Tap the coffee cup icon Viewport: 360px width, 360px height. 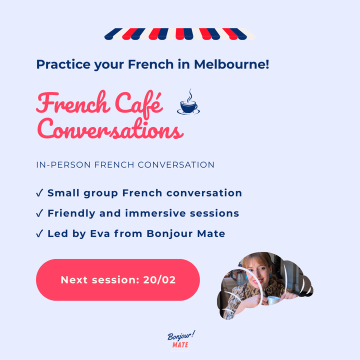pos(188,106)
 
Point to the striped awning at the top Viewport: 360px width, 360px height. pos(179,34)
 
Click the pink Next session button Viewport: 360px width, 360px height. pos(118,280)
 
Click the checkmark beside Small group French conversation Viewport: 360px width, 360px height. pos(39,193)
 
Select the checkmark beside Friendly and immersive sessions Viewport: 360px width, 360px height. pos(39,213)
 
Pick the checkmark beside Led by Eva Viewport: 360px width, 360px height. pos(39,234)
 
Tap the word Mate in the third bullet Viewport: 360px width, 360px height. pos(210,234)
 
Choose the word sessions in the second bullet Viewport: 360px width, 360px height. pos(217,213)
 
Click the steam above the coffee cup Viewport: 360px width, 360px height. pos(189,94)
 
